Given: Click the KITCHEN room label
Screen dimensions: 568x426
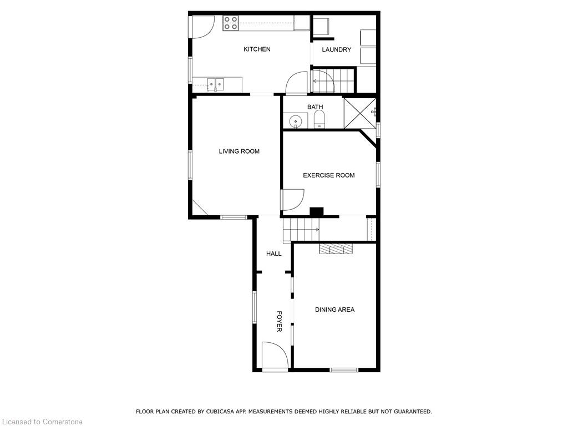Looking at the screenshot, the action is click(257, 49).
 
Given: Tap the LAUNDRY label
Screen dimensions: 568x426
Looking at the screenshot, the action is click(337, 49).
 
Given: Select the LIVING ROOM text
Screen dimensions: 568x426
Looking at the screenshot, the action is click(239, 151).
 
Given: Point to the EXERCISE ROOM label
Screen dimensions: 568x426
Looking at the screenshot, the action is click(329, 175).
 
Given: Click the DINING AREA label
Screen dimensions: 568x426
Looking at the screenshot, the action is click(334, 310).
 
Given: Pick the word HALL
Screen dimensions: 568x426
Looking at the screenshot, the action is click(274, 254).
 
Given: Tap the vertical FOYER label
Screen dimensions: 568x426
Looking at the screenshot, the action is click(280, 321).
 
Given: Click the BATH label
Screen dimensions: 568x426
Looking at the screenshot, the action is click(315, 107).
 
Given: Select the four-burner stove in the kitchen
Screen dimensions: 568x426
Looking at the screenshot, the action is click(230, 23).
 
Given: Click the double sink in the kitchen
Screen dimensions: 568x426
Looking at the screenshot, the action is click(215, 84).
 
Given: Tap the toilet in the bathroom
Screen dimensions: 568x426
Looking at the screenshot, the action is click(319, 119).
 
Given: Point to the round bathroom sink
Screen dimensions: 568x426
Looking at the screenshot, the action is click(296, 121).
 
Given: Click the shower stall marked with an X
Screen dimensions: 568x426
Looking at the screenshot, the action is click(359, 113).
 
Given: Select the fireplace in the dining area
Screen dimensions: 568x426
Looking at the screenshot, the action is click(336, 248).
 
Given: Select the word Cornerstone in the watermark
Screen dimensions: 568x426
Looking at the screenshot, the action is click(62, 422).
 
